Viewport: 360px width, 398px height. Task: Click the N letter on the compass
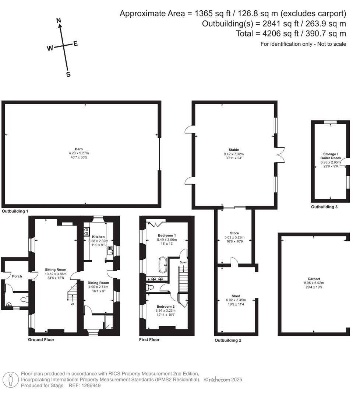click(x=58, y=21)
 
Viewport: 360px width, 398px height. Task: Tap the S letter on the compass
click(x=68, y=74)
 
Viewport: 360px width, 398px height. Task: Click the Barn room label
click(x=79, y=149)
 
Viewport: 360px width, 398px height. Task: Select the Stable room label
click(x=234, y=150)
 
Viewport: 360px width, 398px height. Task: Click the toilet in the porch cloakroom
click(x=24, y=300)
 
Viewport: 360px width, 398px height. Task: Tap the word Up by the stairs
click(x=73, y=304)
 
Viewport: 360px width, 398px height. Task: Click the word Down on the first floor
click(x=183, y=262)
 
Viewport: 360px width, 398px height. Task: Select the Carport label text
click(x=314, y=279)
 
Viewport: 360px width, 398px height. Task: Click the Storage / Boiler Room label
click(x=330, y=156)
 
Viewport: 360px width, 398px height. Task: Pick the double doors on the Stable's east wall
click(x=280, y=154)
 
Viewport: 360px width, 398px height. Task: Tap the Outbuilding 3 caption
click(x=324, y=207)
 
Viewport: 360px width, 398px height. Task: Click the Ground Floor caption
click(x=41, y=339)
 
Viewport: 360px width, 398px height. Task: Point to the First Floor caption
click(x=149, y=339)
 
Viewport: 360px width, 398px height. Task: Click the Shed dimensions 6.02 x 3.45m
click(x=236, y=300)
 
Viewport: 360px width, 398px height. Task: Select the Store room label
click(x=234, y=233)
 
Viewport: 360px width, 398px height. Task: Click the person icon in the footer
click(x=11, y=379)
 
